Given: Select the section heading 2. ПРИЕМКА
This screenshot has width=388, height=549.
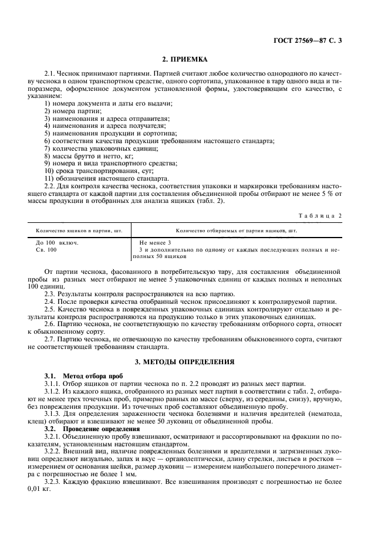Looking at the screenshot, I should [x=194, y=59].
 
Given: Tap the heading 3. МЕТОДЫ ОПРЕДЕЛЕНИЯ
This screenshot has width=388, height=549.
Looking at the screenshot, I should [x=194, y=362].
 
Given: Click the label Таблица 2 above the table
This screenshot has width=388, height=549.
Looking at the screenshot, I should [x=320, y=215].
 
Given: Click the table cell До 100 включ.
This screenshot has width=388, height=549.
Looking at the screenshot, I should [x=57, y=242].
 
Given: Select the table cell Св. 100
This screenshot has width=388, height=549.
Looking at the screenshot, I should [x=46, y=249].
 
